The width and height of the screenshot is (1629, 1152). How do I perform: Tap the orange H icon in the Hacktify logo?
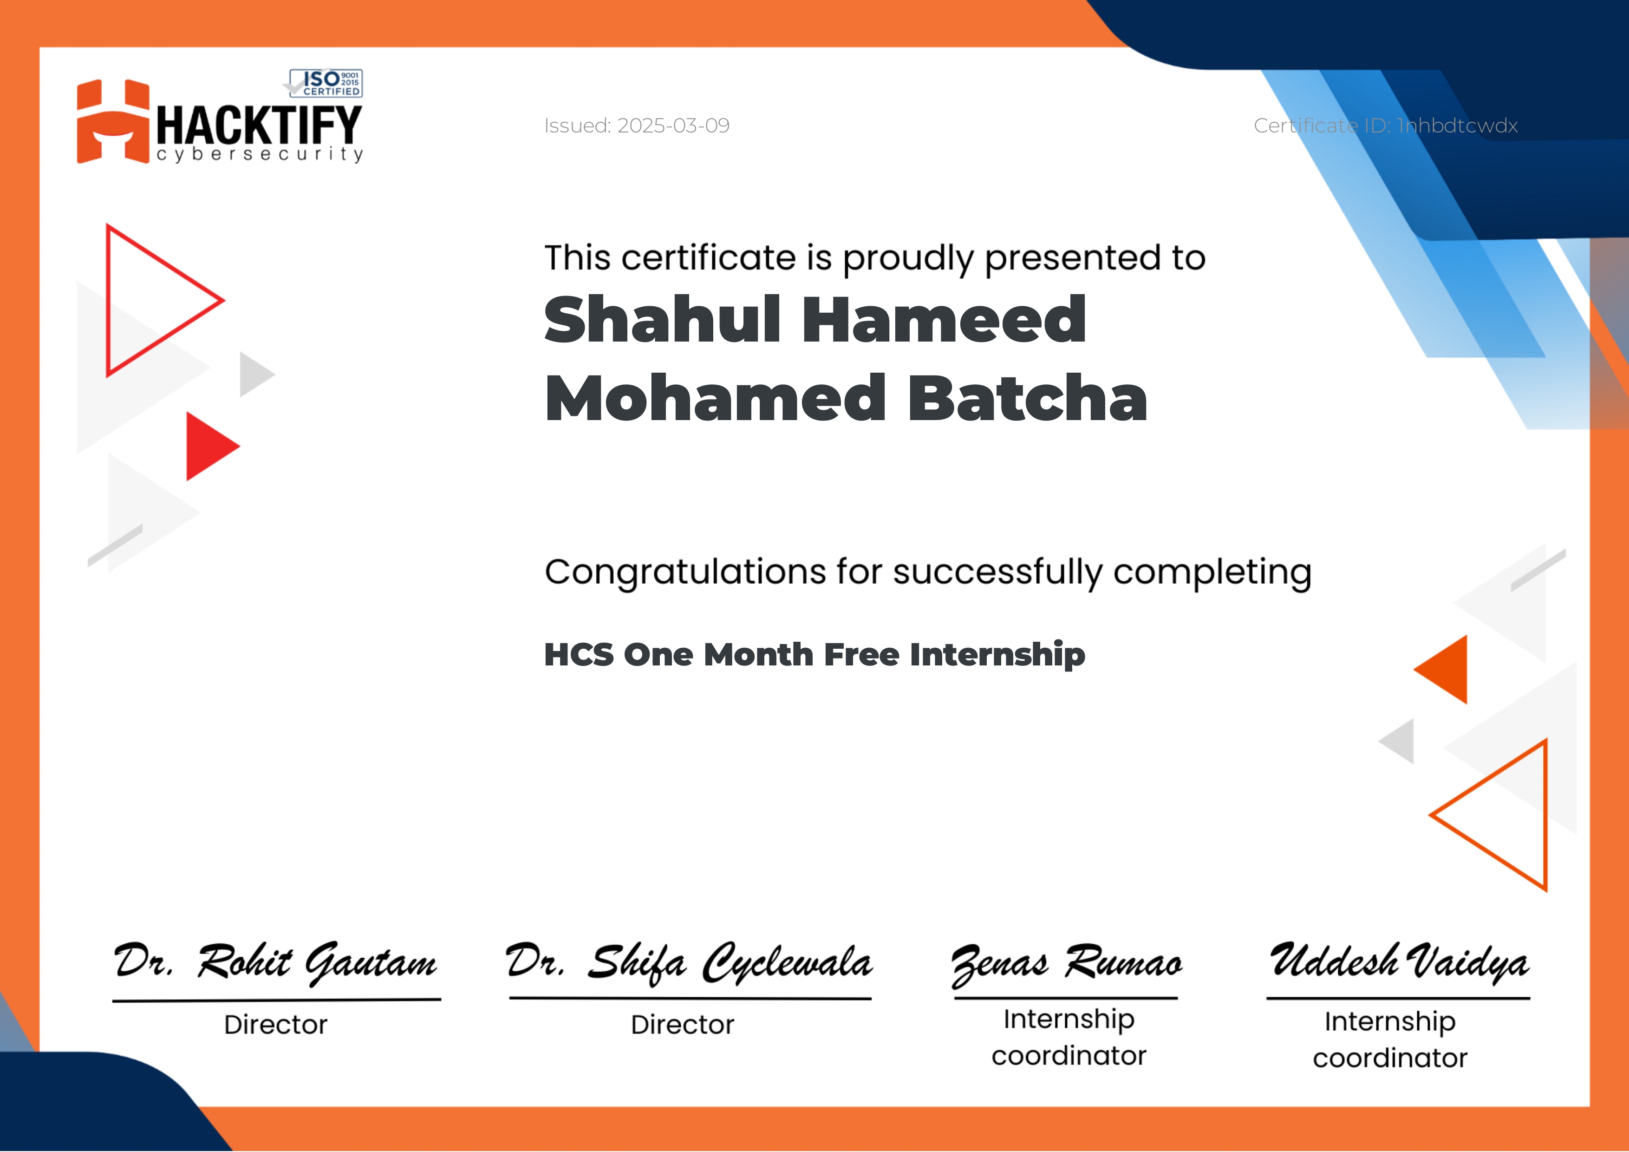(113, 121)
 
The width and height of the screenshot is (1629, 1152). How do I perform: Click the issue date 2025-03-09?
(673, 125)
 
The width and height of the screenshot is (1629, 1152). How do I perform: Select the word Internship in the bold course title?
(997, 654)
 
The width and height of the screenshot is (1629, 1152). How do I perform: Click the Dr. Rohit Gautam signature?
(275, 963)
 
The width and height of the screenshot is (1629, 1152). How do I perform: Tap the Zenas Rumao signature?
(1066, 965)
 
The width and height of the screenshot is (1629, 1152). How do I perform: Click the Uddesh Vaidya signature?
(1399, 962)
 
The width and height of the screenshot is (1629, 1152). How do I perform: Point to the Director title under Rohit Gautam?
(276, 1025)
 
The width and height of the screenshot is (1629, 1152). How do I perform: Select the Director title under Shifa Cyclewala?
(683, 1025)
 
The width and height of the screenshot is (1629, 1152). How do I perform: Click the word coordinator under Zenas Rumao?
(1069, 1056)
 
